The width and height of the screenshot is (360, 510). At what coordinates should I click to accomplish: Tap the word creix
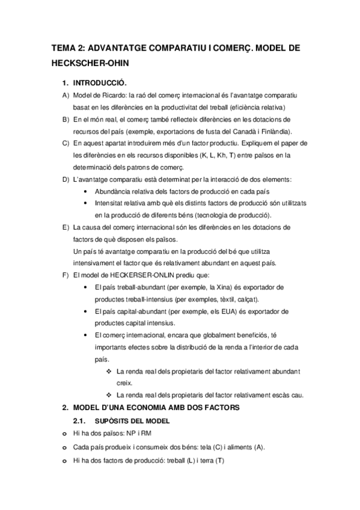[125, 383]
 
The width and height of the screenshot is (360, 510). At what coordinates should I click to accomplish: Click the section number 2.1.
[80, 420]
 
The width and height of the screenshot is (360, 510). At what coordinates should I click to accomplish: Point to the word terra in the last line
[204, 461]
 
